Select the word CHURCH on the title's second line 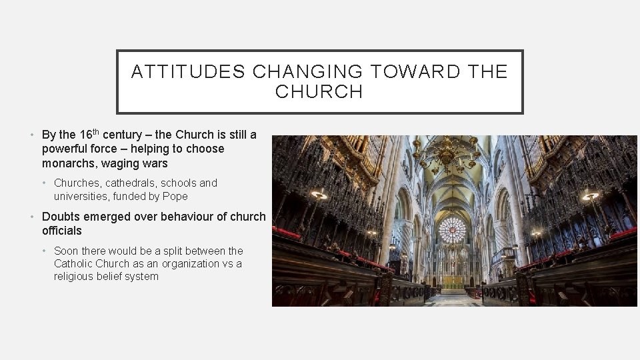319,92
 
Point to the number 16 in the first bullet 85,135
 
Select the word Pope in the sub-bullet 174,196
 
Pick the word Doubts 60,217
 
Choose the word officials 61,231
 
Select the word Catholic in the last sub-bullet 73,263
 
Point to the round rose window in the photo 453,230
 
